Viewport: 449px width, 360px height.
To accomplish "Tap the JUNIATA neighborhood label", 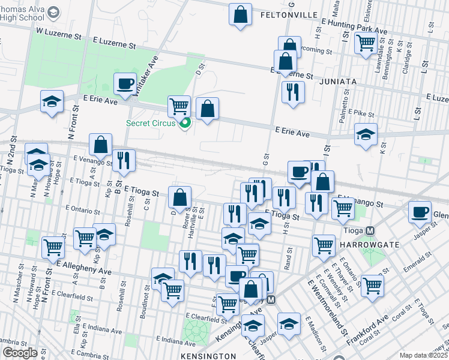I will click(338, 81).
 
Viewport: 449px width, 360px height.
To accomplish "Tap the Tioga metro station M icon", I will click(370, 230).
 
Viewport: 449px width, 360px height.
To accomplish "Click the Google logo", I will click(19, 352).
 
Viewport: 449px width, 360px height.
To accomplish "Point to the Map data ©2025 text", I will click(424, 355).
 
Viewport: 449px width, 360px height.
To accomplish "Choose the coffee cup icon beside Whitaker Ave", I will click(125, 84).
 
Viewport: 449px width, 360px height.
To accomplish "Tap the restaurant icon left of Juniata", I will click(293, 92).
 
